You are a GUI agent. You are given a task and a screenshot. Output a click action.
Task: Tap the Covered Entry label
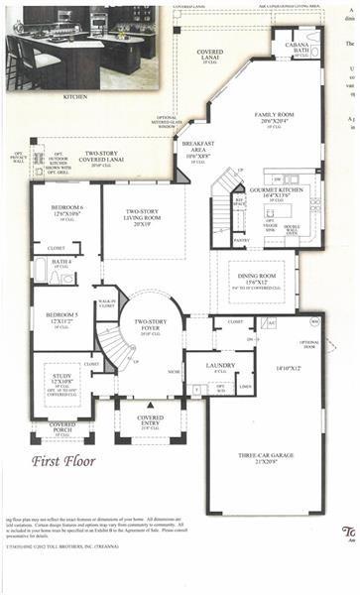click(151, 421)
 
